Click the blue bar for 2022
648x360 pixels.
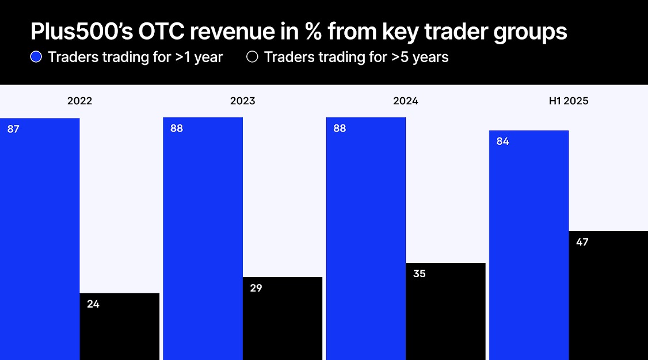point(39,242)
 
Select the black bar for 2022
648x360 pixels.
point(119,328)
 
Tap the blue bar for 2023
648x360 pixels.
point(203,242)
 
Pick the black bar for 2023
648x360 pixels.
point(282,319)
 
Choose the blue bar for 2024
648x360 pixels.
point(365,242)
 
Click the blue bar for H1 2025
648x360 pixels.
point(528,247)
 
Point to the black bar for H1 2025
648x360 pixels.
point(608,296)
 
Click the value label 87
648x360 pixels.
point(13,129)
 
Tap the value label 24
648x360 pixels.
point(93,304)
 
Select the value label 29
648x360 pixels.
point(256,288)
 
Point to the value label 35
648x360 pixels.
point(419,274)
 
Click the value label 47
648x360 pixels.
point(582,242)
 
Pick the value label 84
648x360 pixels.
point(502,141)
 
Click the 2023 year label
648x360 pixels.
point(242,101)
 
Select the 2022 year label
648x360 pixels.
point(79,101)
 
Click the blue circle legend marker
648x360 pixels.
point(36,57)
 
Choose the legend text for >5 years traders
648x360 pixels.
point(356,57)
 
